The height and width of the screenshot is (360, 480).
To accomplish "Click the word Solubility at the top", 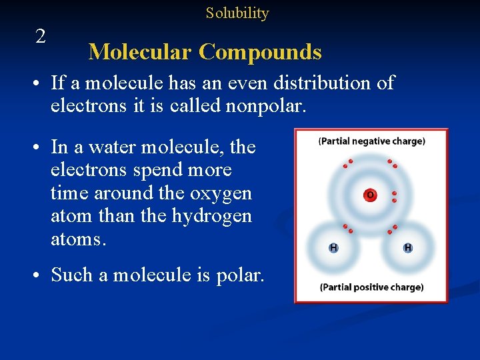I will click(x=237, y=13).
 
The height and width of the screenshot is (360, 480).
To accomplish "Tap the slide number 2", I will click(x=41, y=37).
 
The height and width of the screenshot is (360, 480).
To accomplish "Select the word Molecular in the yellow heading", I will click(x=140, y=52).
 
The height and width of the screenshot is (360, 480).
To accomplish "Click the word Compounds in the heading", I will click(x=260, y=52).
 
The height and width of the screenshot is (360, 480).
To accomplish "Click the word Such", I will click(x=72, y=275).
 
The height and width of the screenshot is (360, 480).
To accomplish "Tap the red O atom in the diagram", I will click(x=369, y=195).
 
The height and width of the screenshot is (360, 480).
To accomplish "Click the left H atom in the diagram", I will click(x=333, y=248).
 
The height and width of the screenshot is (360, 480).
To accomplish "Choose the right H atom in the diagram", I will click(x=407, y=248).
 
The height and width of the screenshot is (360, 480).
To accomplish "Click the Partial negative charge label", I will click(x=371, y=141).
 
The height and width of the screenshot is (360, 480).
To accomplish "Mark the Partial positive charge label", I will click(x=371, y=287).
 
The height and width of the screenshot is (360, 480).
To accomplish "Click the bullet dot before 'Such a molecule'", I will click(x=41, y=275).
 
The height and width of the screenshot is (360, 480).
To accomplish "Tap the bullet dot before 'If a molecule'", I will click(x=41, y=84).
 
